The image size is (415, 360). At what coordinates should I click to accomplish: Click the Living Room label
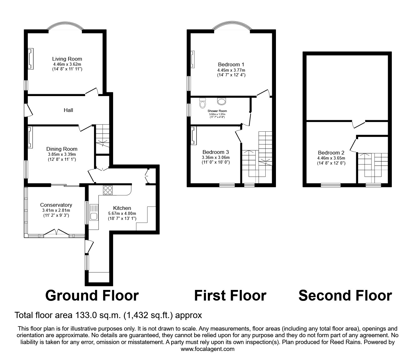(x=67, y=59)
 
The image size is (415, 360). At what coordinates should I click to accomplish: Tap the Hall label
(x=68, y=110)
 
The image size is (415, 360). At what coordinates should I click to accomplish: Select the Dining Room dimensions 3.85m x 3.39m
(x=62, y=154)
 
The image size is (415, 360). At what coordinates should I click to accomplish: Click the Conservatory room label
(x=56, y=205)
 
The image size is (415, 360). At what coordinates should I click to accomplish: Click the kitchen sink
(x=94, y=212)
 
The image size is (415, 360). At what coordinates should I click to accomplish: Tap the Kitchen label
(x=122, y=208)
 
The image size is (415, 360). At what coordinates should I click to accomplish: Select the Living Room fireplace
(x=31, y=58)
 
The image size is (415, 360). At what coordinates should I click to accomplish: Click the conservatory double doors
(x=56, y=232)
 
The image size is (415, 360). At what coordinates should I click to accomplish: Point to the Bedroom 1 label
(x=231, y=65)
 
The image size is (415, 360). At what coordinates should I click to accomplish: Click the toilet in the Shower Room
(x=202, y=103)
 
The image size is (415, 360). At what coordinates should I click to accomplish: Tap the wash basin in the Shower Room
(x=222, y=101)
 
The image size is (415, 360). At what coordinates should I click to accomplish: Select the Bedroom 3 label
(x=216, y=152)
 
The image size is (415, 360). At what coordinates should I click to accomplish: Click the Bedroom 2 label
(x=331, y=153)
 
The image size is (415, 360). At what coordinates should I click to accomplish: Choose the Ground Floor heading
(x=92, y=296)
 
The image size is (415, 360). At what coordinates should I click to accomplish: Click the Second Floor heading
(x=345, y=296)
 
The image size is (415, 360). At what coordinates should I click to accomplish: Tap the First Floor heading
(x=230, y=296)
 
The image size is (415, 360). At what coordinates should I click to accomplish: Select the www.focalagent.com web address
(x=207, y=349)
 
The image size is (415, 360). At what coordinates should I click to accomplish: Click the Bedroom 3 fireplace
(x=193, y=136)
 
